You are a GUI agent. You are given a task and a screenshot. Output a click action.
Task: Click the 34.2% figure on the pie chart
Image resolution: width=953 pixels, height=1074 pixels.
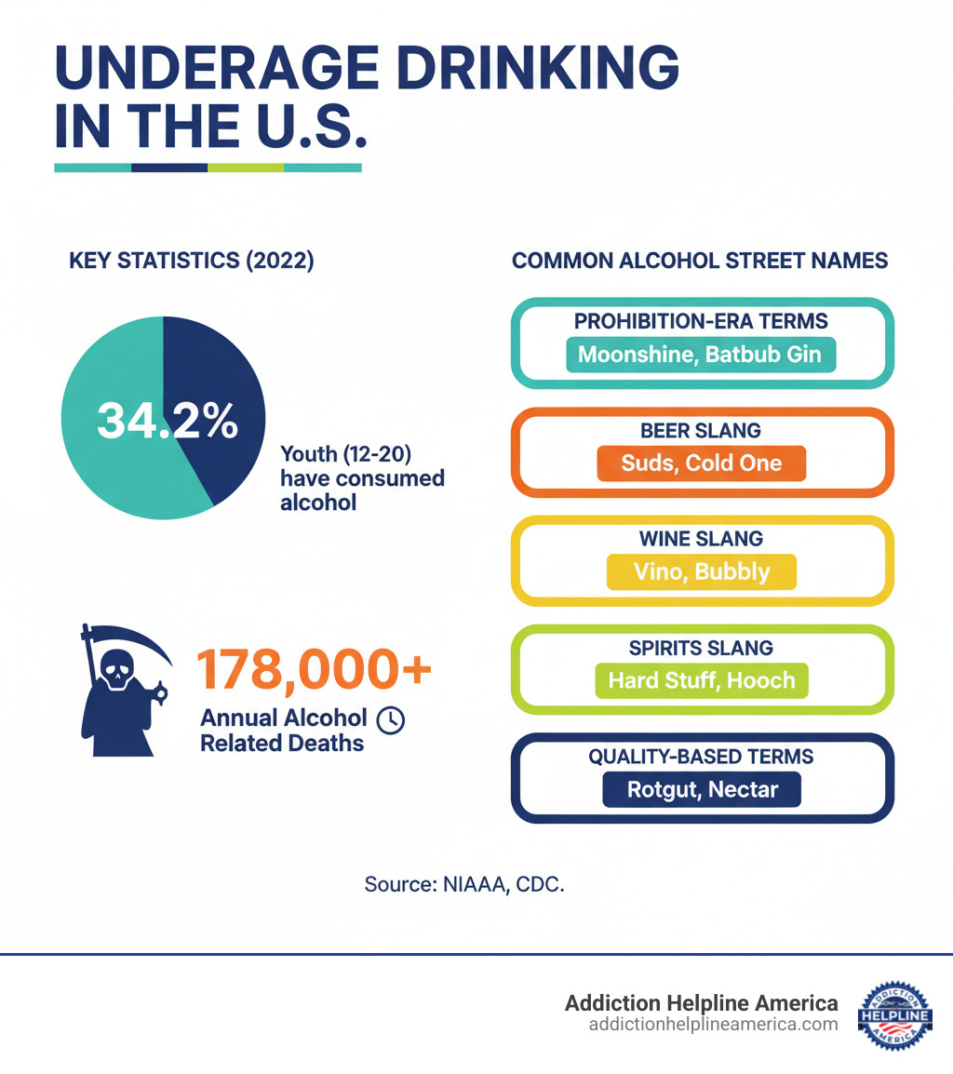[x=168, y=421]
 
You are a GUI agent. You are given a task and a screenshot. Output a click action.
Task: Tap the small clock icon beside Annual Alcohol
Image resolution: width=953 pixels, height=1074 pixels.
[x=391, y=718]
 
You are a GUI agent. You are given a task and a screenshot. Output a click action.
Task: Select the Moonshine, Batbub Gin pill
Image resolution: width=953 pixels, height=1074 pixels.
[x=701, y=355]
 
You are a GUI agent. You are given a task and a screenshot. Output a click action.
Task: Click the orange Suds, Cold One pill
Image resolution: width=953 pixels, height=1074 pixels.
[x=701, y=463]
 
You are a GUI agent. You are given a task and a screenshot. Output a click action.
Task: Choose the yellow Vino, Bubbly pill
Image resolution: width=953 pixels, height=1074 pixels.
[x=701, y=571]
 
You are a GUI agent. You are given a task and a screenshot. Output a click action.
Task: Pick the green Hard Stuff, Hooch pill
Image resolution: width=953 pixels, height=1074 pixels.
[x=701, y=679]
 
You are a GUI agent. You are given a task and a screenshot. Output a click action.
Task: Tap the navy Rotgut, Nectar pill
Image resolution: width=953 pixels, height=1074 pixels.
[x=701, y=790]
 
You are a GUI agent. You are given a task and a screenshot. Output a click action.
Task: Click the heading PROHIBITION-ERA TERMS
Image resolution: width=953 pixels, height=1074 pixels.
[x=701, y=321]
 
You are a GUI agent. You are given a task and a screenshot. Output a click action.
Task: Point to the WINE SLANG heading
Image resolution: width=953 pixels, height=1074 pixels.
[x=701, y=538]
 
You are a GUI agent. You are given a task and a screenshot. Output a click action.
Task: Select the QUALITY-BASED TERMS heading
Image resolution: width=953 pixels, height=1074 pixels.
[x=701, y=757]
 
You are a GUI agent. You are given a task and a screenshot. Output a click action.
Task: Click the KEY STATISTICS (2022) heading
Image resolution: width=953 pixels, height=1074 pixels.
[x=192, y=261]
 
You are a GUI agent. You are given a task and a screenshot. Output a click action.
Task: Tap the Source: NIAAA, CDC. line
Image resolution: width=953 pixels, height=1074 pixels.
[x=464, y=884]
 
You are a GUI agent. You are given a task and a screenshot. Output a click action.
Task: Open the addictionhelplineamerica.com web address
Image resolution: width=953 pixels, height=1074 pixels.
[x=713, y=1024]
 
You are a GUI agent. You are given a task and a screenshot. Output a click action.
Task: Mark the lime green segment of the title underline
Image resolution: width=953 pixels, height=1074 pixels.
[x=246, y=168]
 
